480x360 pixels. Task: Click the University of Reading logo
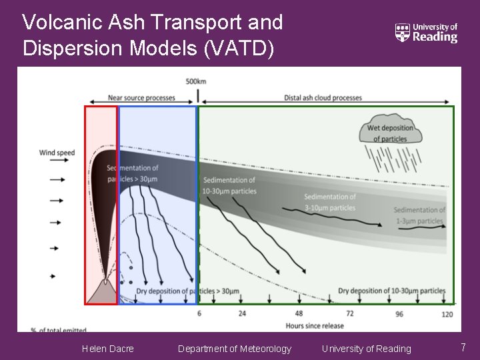pyautogui.click(x=427, y=32)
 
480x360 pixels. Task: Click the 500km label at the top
pyautogui.click(x=196, y=81)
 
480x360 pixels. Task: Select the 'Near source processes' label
pyautogui.click(x=141, y=98)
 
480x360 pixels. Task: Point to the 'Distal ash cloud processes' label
pyautogui.click(x=323, y=98)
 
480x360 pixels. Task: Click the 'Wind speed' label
pyautogui.click(x=57, y=153)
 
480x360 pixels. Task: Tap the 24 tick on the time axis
pyautogui.click(x=242, y=313)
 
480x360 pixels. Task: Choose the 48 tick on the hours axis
pyautogui.click(x=299, y=313)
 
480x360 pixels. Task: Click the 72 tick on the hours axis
pyautogui.click(x=349, y=313)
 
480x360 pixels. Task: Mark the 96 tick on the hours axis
pyautogui.click(x=399, y=314)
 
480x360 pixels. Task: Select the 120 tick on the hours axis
pyautogui.click(x=447, y=314)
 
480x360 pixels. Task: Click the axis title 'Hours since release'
pyautogui.click(x=315, y=325)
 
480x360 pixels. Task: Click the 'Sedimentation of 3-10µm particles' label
pyautogui.click(x=330, y=202)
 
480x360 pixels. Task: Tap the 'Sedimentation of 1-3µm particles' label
pyautogui.click(x=419, y=215)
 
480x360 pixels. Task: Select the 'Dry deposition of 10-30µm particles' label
pyautogui.click(x=392, y=291)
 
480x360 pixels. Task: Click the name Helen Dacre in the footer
pyautogui.click(x=107, y=349)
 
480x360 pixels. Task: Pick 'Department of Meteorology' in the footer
pyautogui.click(x=235, y=349)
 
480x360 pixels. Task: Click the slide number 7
pyautogui.click(x=463, y=347)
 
